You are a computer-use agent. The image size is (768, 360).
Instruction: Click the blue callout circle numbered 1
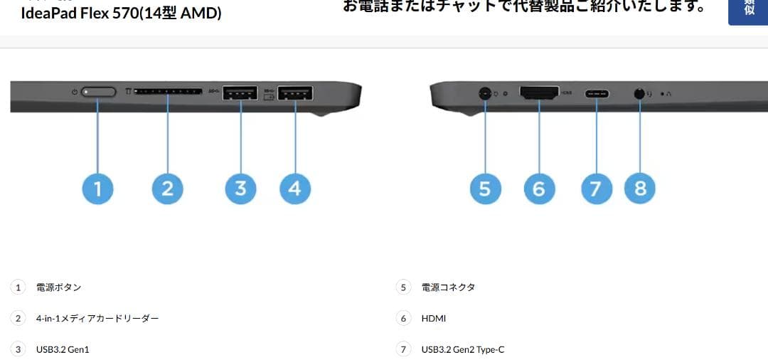[x=97, y=189]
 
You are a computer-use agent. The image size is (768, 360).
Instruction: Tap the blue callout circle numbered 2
[x=168, y=189]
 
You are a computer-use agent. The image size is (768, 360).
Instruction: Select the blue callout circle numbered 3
[x=240, y=189]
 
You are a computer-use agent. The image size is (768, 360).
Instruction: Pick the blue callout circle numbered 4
[x=295, y=189]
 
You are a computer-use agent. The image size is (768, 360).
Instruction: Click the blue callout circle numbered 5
[x=485, y=189]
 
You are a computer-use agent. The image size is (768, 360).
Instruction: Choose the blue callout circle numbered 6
[x=539, y=189]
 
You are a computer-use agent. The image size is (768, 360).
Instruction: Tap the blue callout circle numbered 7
[x=596, y=189]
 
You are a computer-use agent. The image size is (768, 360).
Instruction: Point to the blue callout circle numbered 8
[x=640, y=189]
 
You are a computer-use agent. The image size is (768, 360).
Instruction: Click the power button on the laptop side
[x=99, y=92]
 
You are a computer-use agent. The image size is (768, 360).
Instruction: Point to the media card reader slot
[x=167, y=92]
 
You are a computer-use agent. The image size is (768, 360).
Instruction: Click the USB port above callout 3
[x=240, y=92]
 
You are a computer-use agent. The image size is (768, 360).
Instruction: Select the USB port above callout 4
[x=295, y=92]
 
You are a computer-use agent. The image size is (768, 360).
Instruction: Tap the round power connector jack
[x=485, y=92]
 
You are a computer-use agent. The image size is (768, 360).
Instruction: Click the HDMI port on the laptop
[x=539, y=92]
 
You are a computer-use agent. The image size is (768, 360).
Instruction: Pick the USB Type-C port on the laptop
[x=596, y=93]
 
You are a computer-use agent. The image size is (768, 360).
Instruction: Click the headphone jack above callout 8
[x=639, y=92]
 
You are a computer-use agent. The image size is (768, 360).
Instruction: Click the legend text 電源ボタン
[x=59, y=287]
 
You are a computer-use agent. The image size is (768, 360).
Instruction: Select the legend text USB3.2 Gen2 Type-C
[x=463, y=349]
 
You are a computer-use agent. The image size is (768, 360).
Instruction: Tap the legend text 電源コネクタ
[x=448, y=287]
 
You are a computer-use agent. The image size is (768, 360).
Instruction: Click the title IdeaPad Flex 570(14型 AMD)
[x=121, y=13]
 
